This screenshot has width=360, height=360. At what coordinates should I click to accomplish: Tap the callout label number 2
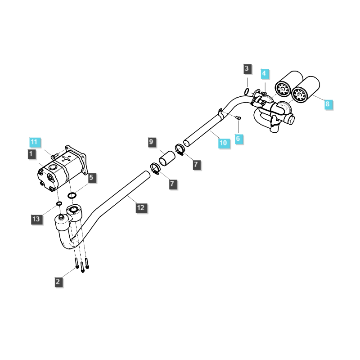tap(58, 282)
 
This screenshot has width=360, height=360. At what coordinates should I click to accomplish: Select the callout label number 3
tap(247, 69)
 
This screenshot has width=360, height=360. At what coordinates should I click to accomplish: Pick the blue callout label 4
tap(264, 73)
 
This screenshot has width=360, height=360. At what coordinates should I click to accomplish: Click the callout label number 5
tap(91, 178)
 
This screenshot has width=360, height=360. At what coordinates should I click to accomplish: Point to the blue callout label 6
tap(238, 139)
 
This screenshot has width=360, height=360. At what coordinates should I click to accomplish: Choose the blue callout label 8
tap(327, 104)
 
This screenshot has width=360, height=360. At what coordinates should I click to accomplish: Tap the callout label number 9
tap(152, 143)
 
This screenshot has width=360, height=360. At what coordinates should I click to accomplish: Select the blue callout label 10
tap(224, 143)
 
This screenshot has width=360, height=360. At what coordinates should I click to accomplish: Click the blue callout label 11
tap(35, 142)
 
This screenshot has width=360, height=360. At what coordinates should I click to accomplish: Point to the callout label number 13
tap(36, 219)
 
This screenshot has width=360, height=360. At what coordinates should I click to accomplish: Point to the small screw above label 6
tap(238, 118)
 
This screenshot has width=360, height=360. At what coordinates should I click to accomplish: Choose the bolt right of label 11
tap(54, 156)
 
